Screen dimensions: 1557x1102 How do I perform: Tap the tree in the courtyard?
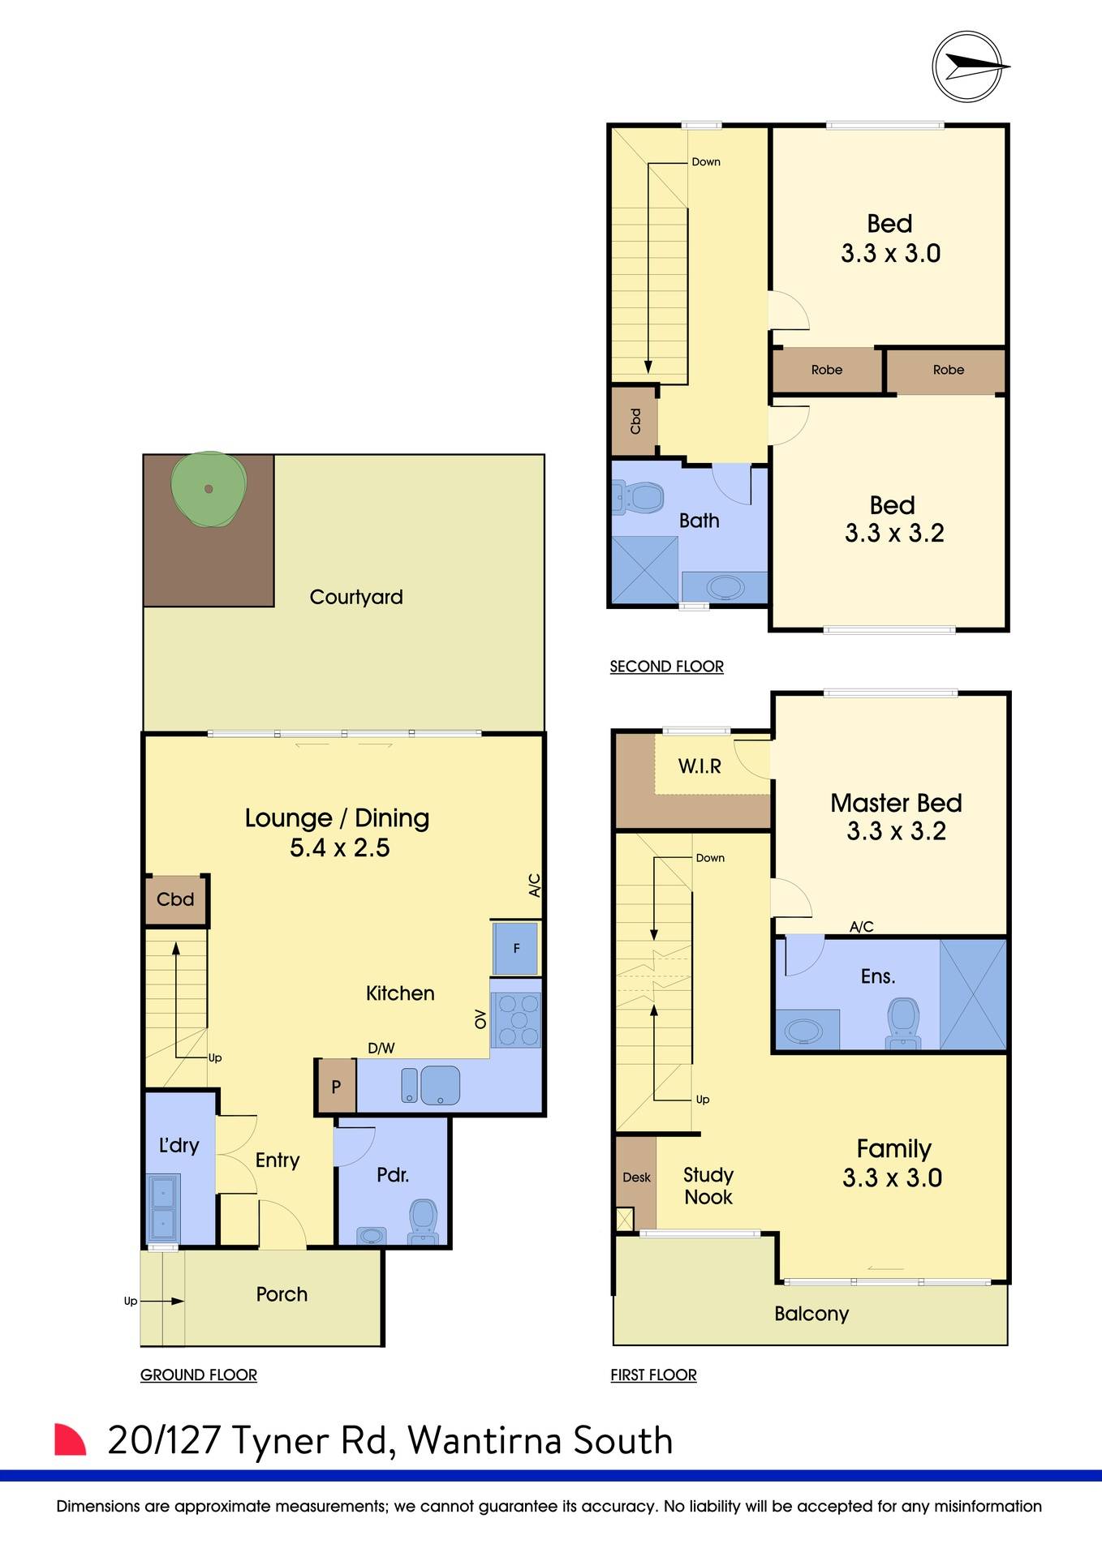(x=209, y=488)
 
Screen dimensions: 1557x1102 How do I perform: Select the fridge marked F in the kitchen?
(x=515, y=948)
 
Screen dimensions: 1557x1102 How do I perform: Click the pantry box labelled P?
(x=336, y=1087)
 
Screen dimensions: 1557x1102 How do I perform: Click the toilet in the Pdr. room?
(x=423, y=1220)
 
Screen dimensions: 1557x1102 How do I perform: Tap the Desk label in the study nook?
(x=636, y=1177)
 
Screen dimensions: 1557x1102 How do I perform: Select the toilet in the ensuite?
(x=903, y=1022)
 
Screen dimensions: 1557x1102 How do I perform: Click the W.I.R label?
(x=699, y=766)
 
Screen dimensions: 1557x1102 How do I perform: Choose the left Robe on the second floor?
(x=826, y=370)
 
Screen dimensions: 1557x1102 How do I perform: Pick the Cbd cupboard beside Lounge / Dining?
(x=175, y=899)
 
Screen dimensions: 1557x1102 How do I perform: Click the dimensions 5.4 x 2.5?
(x=339, y=847)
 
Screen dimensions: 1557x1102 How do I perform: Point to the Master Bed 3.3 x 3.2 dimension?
(x=896, y=831)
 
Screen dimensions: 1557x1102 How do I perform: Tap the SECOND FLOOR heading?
(x=666, y=667)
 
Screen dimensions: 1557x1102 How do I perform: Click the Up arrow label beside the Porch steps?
(x=130, y=1301)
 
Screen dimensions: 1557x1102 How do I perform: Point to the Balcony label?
(x=811, y=1314)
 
